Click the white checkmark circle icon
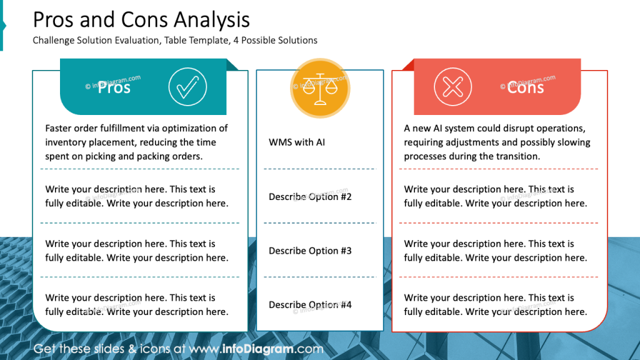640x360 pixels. click(187, 87)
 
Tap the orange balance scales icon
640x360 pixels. click(321, 87)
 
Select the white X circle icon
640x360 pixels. click(453, 87)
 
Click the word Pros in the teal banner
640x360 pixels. click(114, 87)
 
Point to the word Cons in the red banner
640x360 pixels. click(525, 87)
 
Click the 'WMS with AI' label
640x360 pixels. click(297, 142)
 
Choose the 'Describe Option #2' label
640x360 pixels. click(310, 197)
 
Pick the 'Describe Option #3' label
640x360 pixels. click(310, 251)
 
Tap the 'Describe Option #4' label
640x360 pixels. click(310, 305)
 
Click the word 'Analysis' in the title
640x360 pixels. click(212, 20)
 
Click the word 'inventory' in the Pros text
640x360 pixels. click(66, 142)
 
